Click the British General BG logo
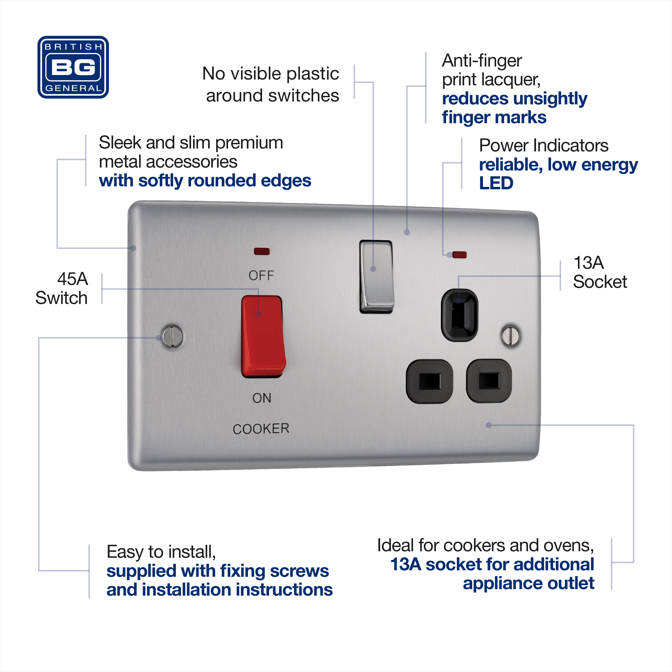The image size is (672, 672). point(73,67)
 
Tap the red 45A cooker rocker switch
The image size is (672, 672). point(263,337)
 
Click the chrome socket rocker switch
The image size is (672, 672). point(376,276)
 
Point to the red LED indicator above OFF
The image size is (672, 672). point(262,251)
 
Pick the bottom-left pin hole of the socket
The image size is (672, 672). point(430,381)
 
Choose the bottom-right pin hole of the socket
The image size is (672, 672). point(489,381)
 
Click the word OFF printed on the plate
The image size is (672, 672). point(261,276)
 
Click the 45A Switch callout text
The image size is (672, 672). point(62,288)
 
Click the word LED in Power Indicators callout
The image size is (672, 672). point(496,183)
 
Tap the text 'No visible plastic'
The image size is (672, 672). point(271,74)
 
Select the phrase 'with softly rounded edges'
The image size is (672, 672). point(205,181)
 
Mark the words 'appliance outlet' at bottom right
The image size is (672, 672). point(528,583)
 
